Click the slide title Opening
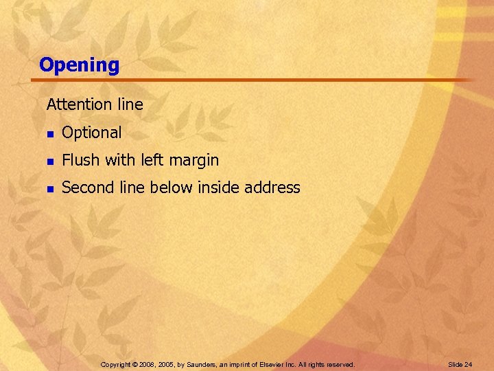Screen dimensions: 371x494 tap(79, 65)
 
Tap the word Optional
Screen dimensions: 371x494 tap(91, 133)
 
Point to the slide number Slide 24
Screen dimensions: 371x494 tap(460, 364)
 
